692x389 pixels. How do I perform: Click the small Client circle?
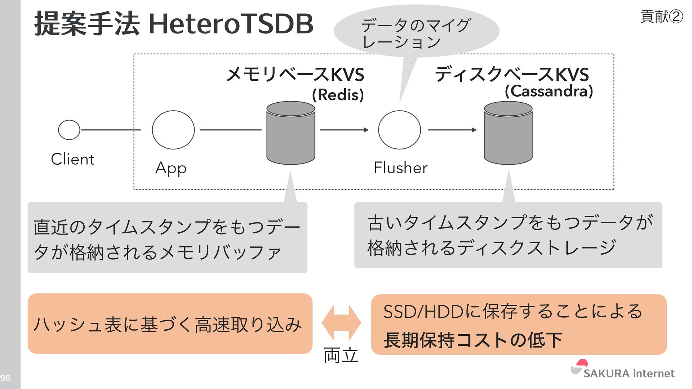[69, 130]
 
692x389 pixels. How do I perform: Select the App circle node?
[173, 130]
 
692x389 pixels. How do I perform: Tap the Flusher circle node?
[399, 130]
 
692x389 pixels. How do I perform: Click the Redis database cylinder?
[291, 133]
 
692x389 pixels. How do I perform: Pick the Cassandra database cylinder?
[508, 133]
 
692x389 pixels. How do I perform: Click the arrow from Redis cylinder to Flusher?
[344, 130]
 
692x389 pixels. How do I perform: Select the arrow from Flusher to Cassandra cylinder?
[452, 130]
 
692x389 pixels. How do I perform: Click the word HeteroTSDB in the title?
[231, 24]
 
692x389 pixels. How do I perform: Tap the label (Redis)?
[338, 95]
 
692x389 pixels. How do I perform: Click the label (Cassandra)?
[549, 91]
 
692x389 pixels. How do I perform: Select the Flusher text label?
[400, 167]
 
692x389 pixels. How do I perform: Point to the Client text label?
[72, 159]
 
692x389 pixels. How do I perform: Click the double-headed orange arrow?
[341, 323]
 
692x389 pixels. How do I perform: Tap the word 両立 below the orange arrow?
[341, 356]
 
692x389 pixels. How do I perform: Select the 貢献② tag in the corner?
[661, 17]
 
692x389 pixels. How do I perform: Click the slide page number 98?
[5, 378]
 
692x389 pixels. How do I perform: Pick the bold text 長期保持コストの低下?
[473, 340]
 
